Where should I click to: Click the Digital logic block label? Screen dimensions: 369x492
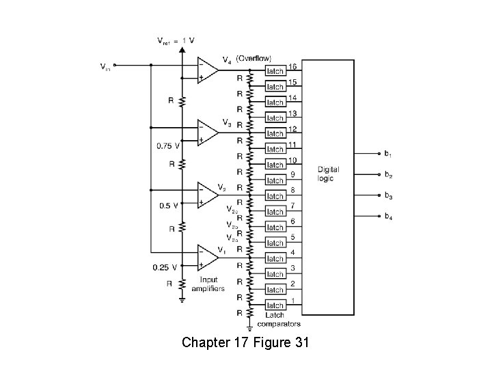click(x=328, y=174)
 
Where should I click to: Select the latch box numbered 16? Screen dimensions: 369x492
click(x=275, y=71)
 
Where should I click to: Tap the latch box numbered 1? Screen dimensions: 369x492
click(x=275, y=305)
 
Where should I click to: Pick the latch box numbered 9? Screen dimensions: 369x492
click(x=275, y=180)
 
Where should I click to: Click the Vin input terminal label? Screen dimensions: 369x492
click(x=105, y=66)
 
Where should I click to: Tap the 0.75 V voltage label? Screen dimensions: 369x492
click(x=168, y=146)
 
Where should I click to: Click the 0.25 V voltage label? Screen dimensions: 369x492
click(x=165, y=267)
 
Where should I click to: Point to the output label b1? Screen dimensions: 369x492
click(x=387, y=153)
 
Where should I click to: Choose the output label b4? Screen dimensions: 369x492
click(x=387, y=216)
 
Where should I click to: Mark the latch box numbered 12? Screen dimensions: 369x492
click(x=275, y=133)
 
